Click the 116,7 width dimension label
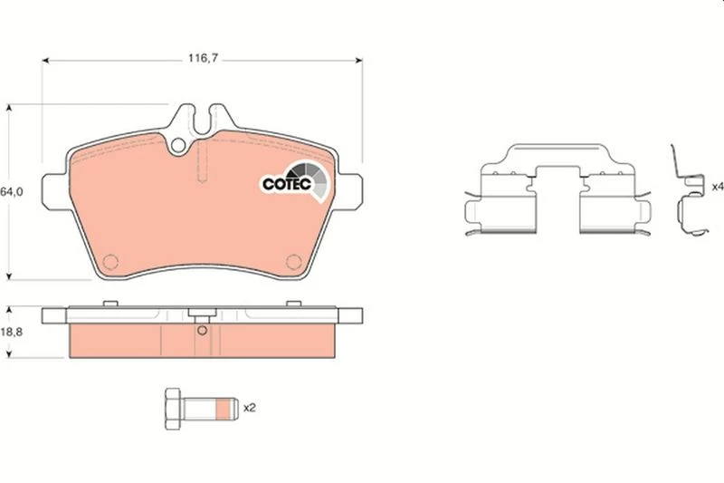(x=203, y=58)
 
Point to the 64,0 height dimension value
(x=11, y=192)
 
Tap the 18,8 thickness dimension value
(x=11, y=332)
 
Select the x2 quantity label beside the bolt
(x=250, y=408)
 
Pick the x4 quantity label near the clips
(x=718, y=187)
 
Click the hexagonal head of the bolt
(x=173, y=409)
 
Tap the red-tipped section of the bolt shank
(x=224, y=409)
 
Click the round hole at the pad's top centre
(x=178, y=146)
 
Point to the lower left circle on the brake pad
(x=110, y=262)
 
